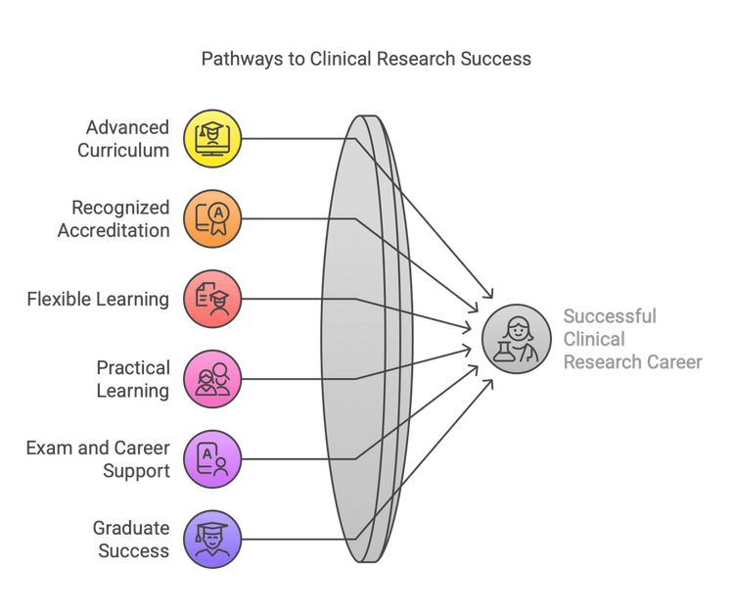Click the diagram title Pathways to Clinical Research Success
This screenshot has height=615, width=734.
366,59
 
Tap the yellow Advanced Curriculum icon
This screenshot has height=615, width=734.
212,137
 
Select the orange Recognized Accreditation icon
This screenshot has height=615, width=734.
212,216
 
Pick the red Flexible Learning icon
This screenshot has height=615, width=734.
212,298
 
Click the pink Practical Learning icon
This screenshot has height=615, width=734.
212,378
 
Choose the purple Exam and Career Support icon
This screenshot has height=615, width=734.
212,458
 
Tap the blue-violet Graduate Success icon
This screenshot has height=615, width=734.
212,538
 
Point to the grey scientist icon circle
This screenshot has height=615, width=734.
516,339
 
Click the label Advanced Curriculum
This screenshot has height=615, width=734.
126,138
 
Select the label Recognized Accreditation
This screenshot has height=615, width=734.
113,218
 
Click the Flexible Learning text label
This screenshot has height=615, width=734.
98,299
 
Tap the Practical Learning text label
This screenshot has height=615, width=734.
133,379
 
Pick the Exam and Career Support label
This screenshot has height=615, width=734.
98,459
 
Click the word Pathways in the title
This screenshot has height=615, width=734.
237,59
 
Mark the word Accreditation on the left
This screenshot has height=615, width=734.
113,230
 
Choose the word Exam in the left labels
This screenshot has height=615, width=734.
46,449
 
